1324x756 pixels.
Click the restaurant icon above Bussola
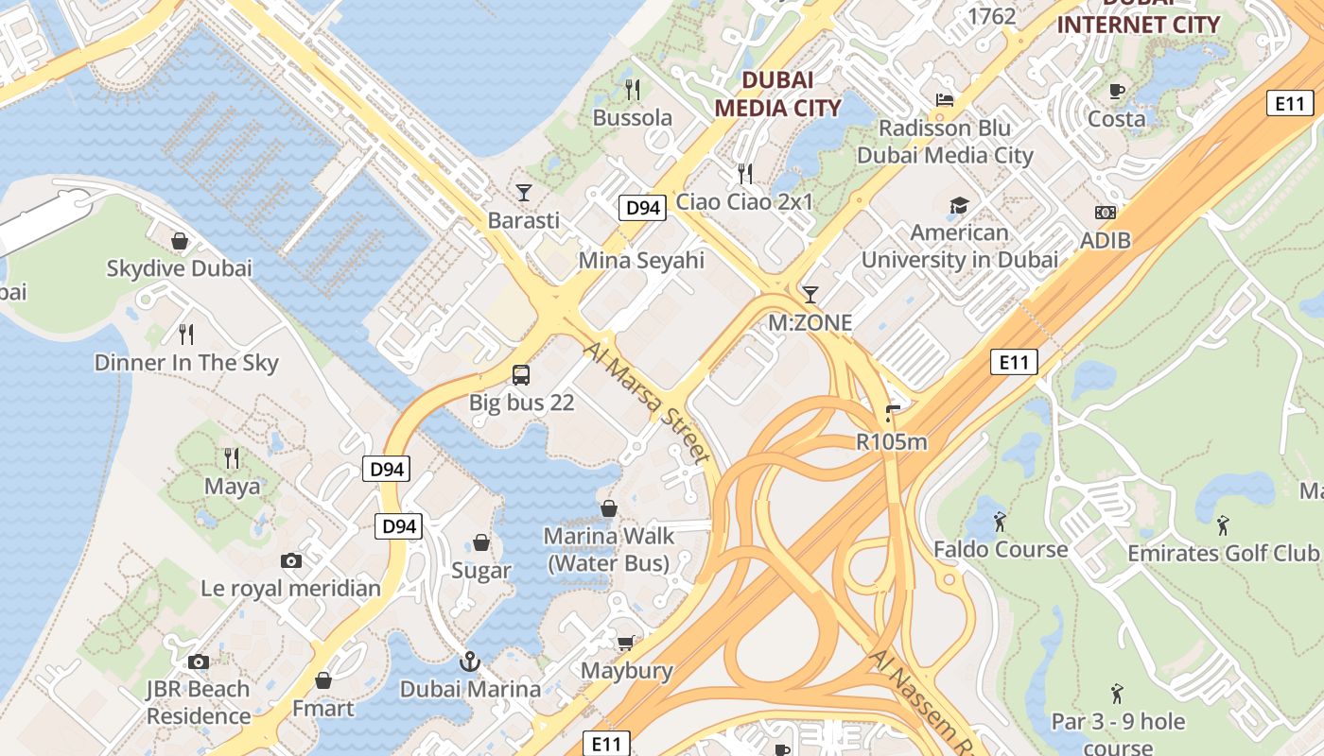coord(633,90)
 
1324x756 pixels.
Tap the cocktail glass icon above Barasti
coord(523,193)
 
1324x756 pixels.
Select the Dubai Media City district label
coord(777,94)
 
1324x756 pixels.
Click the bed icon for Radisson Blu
coord(944,100)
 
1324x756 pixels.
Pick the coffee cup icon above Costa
coord(1117,91)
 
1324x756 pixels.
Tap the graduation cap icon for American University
coord(959,205)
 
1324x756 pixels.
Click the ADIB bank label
coord(1105,240)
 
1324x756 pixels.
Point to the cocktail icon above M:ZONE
coord(810,294)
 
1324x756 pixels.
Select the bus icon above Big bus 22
coord(521,374)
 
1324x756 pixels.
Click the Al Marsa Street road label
coord(647,404)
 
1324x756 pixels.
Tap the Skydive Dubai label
coord(179,268)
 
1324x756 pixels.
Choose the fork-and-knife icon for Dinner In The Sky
coord(186,334)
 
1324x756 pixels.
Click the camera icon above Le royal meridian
coord(291,560)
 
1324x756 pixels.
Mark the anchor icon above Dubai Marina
coord(470,661)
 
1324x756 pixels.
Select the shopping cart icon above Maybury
coord(625,644)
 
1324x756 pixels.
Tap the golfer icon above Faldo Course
coord(1000,521)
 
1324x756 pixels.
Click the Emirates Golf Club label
coord(1222,553)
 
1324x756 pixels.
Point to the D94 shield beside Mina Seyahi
coord(642,208)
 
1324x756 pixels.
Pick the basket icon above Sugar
coord(481,542)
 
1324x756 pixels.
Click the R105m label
coord(891,441)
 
